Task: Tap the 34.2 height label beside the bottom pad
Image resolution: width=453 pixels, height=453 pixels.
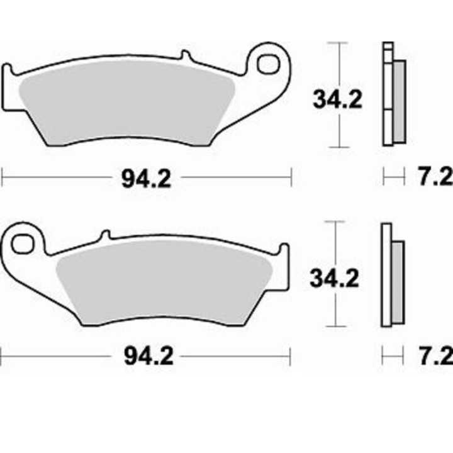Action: pyautogui.click(x=335, y=277)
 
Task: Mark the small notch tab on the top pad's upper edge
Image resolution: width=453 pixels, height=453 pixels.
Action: pyautogui.click(x=185, y=57)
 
